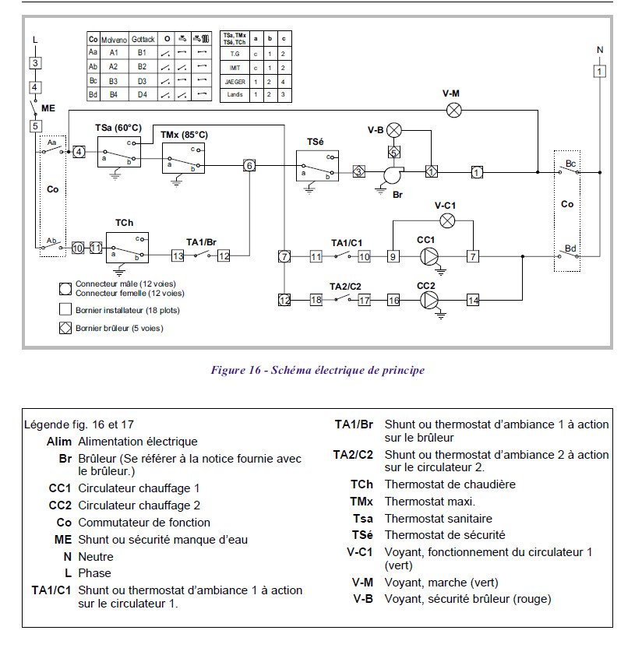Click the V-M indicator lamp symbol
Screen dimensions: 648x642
pyautogui.click(x=454, y=110)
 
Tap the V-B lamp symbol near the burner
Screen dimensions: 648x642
pyautogui.click(x=394, y=129)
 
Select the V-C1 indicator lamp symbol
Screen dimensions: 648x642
pyautogui.click(x=447, y=220)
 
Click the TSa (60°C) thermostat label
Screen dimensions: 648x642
pyautogui.click(x=117, y=127)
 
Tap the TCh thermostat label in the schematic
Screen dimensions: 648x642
pyautogui.click(x=124, y=223)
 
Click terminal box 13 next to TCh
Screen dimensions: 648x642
pyautogui.click(x=178, y=255)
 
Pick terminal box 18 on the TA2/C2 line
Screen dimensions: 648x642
pyautogui.click(x=316, y=300)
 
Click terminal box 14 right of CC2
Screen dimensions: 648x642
pyautogui.click(x=473, y=300)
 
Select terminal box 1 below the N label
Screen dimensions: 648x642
pyautogui.click(x=599, y=71)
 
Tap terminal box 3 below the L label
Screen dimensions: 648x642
pyautogui.click(x=35, y=63)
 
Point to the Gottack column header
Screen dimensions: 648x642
pyautogui.click(x=144, y=38)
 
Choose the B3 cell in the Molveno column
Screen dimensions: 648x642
pyautogui.click(x=114, y=80)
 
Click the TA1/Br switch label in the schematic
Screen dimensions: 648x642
pyautogui.click(x=201, y=242)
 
